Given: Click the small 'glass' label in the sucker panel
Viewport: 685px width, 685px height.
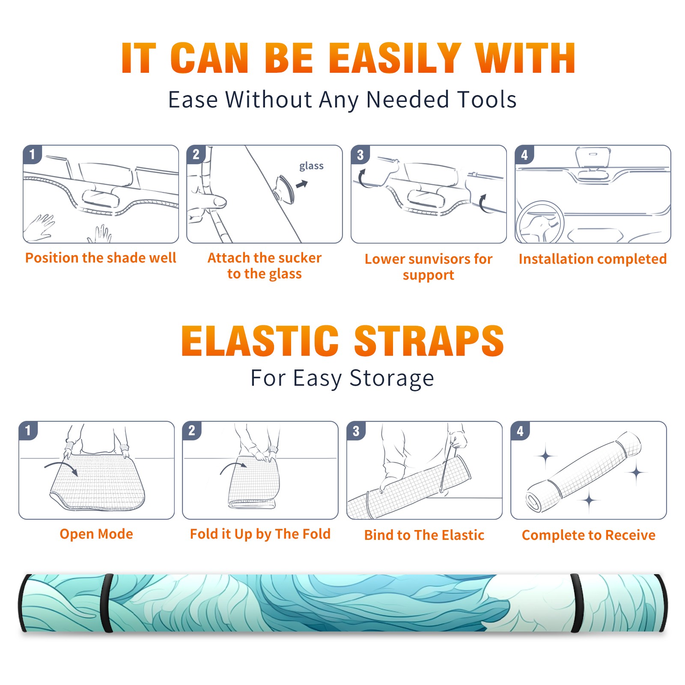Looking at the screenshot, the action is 311,166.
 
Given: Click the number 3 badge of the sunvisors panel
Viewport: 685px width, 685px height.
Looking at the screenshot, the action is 360,155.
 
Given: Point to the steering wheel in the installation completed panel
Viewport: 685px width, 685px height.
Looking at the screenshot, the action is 539,223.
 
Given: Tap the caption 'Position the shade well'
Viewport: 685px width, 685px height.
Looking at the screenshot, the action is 101,258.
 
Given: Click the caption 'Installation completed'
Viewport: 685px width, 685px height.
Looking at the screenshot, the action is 593,259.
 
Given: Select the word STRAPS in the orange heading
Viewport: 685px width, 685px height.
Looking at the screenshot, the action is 429,341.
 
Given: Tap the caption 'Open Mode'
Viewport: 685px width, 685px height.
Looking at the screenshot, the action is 96,534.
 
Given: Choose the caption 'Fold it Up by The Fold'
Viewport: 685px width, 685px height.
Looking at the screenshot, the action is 260,534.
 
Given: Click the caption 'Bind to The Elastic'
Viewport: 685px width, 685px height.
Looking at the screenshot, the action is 424,535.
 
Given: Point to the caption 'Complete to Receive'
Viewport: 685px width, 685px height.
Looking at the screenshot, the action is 589,535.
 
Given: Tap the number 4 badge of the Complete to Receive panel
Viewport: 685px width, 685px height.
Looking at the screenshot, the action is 520,431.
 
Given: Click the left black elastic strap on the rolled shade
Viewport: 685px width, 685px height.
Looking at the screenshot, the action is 107,603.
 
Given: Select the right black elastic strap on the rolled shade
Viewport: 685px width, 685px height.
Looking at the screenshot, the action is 577,603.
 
